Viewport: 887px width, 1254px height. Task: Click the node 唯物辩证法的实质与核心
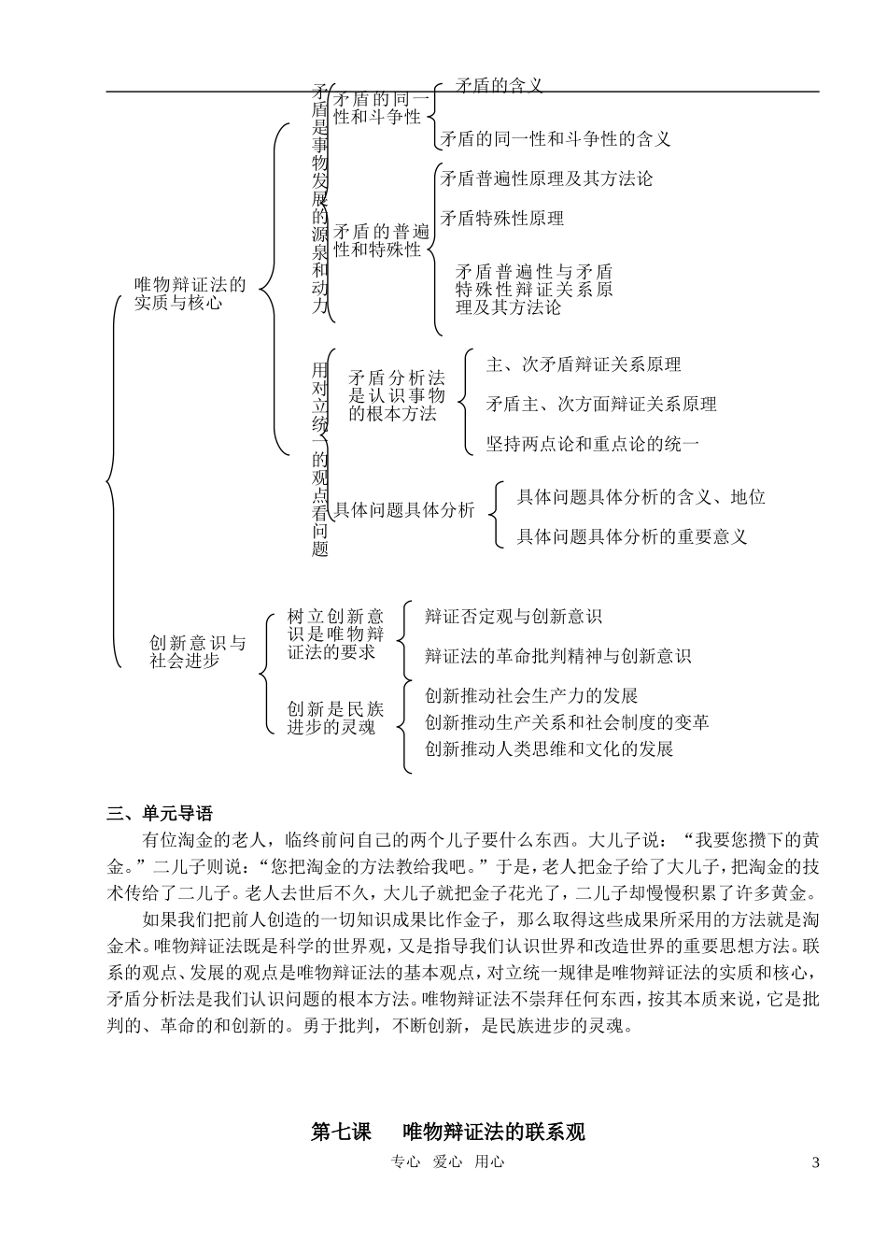(x=190, y=293)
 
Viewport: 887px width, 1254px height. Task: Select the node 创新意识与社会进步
(x=197, y=652)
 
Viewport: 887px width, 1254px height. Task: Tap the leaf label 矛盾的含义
(x=499, y=86)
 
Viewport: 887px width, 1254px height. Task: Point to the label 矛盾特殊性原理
(x=501, y=219)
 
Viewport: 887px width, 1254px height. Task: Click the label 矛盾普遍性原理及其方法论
(x=546, y=178)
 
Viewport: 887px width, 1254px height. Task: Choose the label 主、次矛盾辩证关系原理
(x=584, y=364)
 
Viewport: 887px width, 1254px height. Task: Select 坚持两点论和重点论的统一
(x=592, y=444)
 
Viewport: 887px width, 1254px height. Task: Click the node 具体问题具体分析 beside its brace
(x=404, y=510)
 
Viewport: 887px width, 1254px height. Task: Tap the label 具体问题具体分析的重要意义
(x=632, y=536)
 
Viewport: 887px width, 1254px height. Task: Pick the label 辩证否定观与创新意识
(x=513, y=617)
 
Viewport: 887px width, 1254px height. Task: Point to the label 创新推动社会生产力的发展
(x=531, y=696)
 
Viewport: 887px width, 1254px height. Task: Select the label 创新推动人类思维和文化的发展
(x=549, y=748)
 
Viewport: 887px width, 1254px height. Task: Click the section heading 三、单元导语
(x=160, y=813)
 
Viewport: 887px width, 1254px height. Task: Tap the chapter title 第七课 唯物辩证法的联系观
(x=447, y=1132)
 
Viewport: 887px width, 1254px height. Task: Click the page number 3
(x=815, y=1162)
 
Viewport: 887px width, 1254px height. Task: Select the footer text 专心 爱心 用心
(x=447, y=1162)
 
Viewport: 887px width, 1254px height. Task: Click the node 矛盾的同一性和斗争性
(x=378, y=108)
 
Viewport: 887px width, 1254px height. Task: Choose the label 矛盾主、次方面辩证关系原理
(x=601, y=405)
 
